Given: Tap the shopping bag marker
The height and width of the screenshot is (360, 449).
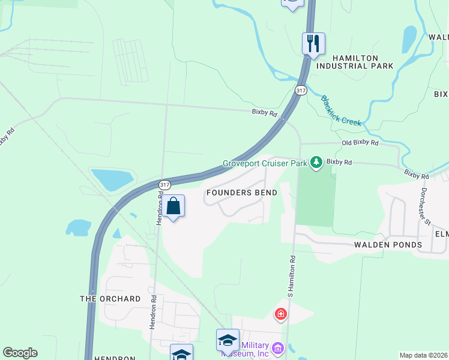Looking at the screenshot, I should [x=173, y=206].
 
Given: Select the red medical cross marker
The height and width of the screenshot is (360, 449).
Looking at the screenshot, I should [x=280, y=314].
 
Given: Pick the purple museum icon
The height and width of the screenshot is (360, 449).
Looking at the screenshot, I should [x=277, y=348].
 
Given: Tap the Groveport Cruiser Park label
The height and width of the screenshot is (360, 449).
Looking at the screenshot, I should [x=265, y=163].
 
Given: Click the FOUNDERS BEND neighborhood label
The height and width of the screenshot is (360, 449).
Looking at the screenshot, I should [x=241, y=193].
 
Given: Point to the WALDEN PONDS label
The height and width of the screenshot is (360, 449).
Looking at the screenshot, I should [x=388, y=245].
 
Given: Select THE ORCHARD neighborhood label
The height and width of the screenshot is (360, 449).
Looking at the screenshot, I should [x=110, y=299].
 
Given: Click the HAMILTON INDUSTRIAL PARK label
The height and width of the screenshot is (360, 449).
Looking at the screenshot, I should [x=354, y=62].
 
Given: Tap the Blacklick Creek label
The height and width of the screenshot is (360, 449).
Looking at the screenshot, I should [x=341, y=111].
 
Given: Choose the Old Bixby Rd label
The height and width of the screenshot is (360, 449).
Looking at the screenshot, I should [x=360, y=143].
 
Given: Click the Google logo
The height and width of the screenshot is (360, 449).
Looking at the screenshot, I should [x=20, y=353].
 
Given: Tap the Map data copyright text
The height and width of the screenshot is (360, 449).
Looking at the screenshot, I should [x=424, y=355].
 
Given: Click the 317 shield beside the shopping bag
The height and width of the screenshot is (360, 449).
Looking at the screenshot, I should [x=165, y=184].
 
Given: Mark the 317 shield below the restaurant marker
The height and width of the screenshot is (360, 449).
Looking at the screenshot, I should [x=301, y=90].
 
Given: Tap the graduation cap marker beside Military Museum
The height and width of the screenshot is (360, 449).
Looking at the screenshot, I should [x=228, y=340].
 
